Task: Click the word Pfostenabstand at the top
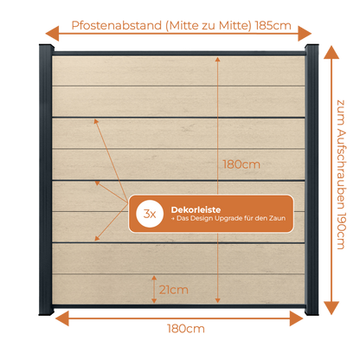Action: tap(117, 25)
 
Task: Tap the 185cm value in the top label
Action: tap(273, 25)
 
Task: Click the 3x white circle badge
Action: tap(150, 214)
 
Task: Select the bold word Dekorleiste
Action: tap(196, 209)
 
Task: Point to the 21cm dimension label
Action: tap(174, 290)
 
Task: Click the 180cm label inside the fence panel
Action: tap(241, 164)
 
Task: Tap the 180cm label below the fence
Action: tap(186, 329)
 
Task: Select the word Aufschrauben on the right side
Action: tap(341, 170)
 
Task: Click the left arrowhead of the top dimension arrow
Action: tap(52, 34)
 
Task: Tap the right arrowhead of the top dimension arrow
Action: tap(305, 34)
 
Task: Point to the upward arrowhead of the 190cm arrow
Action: tap(331, 52)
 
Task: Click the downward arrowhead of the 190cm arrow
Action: tap(331, 308)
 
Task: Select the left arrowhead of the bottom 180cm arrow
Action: tap(61, 318)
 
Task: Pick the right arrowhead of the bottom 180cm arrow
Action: tap(296, 318)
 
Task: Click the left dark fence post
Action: tap(46, 180)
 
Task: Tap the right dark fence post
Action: tap(312, 180)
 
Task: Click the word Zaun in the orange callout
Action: tap(277, 218)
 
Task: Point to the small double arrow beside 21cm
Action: tap(154, 289)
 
